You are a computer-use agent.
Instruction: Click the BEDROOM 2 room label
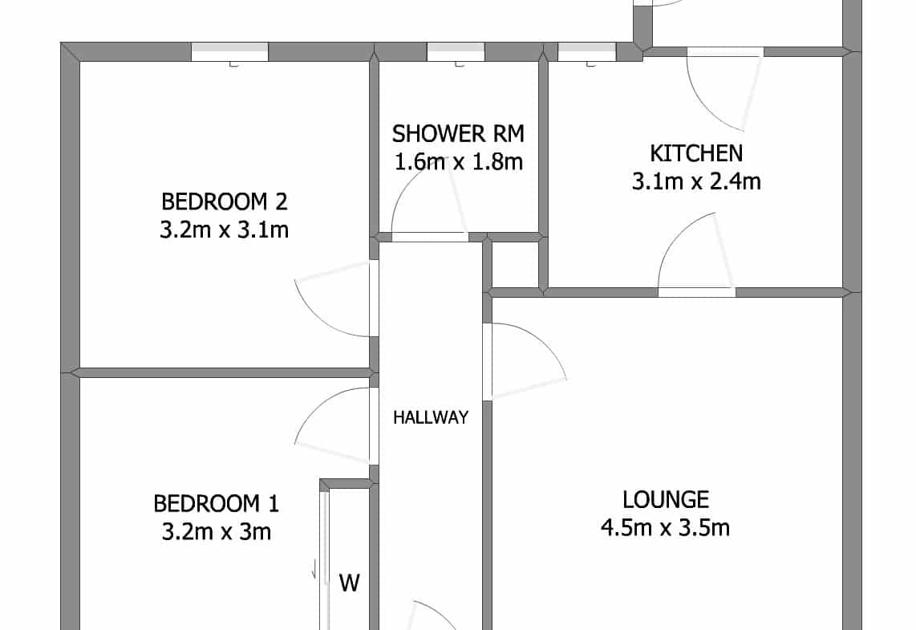coord(225,201)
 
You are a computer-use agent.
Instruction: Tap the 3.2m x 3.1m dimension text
coord(225,230)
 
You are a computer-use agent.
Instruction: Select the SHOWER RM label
coord(458,134)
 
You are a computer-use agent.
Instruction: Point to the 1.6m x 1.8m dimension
coord(459,161)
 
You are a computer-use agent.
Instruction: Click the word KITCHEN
coord(696,153)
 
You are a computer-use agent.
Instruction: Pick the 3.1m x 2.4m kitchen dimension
coord(696,181)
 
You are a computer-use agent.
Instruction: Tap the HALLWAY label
coord(431,417)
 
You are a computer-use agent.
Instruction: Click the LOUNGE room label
coord(666,500)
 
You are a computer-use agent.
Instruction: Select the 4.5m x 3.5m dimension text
coord(666,528)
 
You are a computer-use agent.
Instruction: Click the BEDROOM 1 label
coord(216,503)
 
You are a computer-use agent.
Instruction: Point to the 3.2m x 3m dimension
coord(216,532)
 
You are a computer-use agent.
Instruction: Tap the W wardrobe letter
coord(350,583)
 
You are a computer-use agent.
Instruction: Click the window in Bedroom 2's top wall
coord(230,52)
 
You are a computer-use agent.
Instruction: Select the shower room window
coord(456,52)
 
